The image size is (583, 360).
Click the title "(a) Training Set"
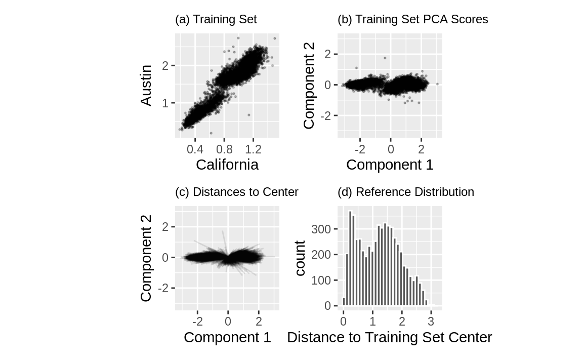point(216,20)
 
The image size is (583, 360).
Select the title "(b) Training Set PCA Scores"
point(412,20)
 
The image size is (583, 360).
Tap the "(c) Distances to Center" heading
point(236,192)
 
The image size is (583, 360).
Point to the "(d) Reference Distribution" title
point(405,192)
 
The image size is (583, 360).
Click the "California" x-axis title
point(227,165)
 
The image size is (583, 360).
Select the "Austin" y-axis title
point(146,85)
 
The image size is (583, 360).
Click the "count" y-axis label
point(300,258)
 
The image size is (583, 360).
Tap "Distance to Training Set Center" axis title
point(389,337)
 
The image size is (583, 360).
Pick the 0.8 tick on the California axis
point(224,149)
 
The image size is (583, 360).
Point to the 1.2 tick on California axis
point(253,149)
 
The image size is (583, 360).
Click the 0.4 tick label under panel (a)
point(195,149)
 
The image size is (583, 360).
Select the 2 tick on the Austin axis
point(165,65)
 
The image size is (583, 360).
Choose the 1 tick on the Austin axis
point(165,103)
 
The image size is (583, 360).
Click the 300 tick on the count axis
point(322,229)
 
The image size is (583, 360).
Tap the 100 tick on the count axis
point(322,281)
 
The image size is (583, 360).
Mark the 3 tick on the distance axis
point(431,322)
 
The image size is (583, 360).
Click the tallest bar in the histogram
point(350,258)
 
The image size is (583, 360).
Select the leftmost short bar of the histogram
point(344,302)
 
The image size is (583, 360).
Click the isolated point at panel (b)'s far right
point(437,84)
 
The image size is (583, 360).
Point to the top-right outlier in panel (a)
point(275,38)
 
